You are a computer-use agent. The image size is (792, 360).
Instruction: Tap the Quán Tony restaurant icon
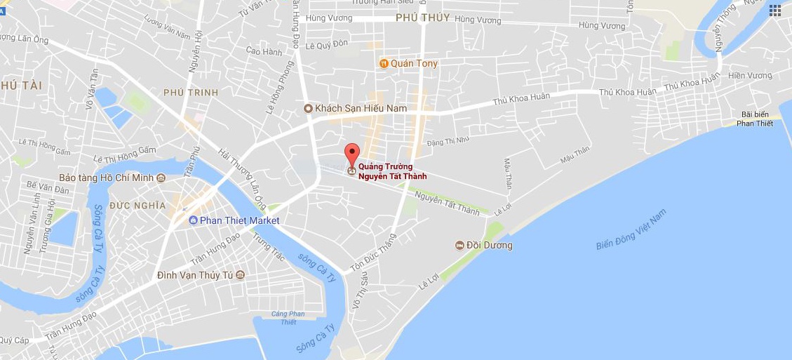point(384,64)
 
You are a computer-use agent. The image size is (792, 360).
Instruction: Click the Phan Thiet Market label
point(239,220)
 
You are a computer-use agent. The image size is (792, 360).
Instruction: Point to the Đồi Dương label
point(490,246)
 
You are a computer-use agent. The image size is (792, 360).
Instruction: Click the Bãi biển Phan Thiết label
point(755,119)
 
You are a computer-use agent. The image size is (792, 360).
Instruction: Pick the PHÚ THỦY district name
point(422,18)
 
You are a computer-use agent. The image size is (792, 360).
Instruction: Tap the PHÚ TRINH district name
point(191,93)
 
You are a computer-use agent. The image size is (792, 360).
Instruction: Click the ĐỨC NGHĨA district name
point(137,206)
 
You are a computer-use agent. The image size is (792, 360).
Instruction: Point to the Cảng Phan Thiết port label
point(288,318)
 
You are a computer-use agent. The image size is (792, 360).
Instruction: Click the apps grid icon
point(774,11)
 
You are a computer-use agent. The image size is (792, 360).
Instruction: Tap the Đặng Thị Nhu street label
point(448,142)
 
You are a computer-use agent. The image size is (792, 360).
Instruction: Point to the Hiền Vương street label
point(750,76)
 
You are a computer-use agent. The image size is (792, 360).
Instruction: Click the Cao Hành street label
point(264,51)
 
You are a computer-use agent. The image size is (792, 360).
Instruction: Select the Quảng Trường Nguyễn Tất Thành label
point(392,172)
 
